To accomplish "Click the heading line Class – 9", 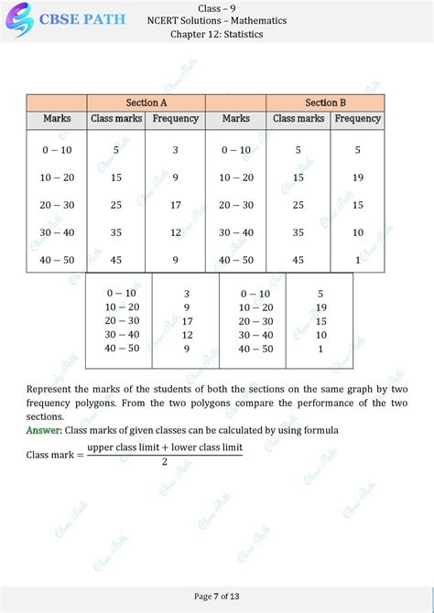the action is click(216, 8).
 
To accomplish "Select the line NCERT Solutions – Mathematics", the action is click(216, 21).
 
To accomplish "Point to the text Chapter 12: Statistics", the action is click(216, 34).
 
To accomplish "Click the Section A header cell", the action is click(146, 102).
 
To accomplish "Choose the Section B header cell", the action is click(325, 102).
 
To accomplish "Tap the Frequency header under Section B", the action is click(357, 118).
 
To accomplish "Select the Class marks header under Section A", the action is click(115, 118).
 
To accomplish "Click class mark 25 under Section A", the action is click(115, 205).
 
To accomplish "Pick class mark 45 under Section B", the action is click(298, 260).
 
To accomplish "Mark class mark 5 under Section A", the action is click(115, 149).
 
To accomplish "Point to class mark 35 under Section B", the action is click(298, 232).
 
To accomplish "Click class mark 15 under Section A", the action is click(115, 177).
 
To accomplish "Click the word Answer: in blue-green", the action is click(44, 430).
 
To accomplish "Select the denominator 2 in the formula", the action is click(164, 462).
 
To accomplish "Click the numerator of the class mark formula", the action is click(164, 447).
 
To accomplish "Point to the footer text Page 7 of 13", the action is click(216, 597).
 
